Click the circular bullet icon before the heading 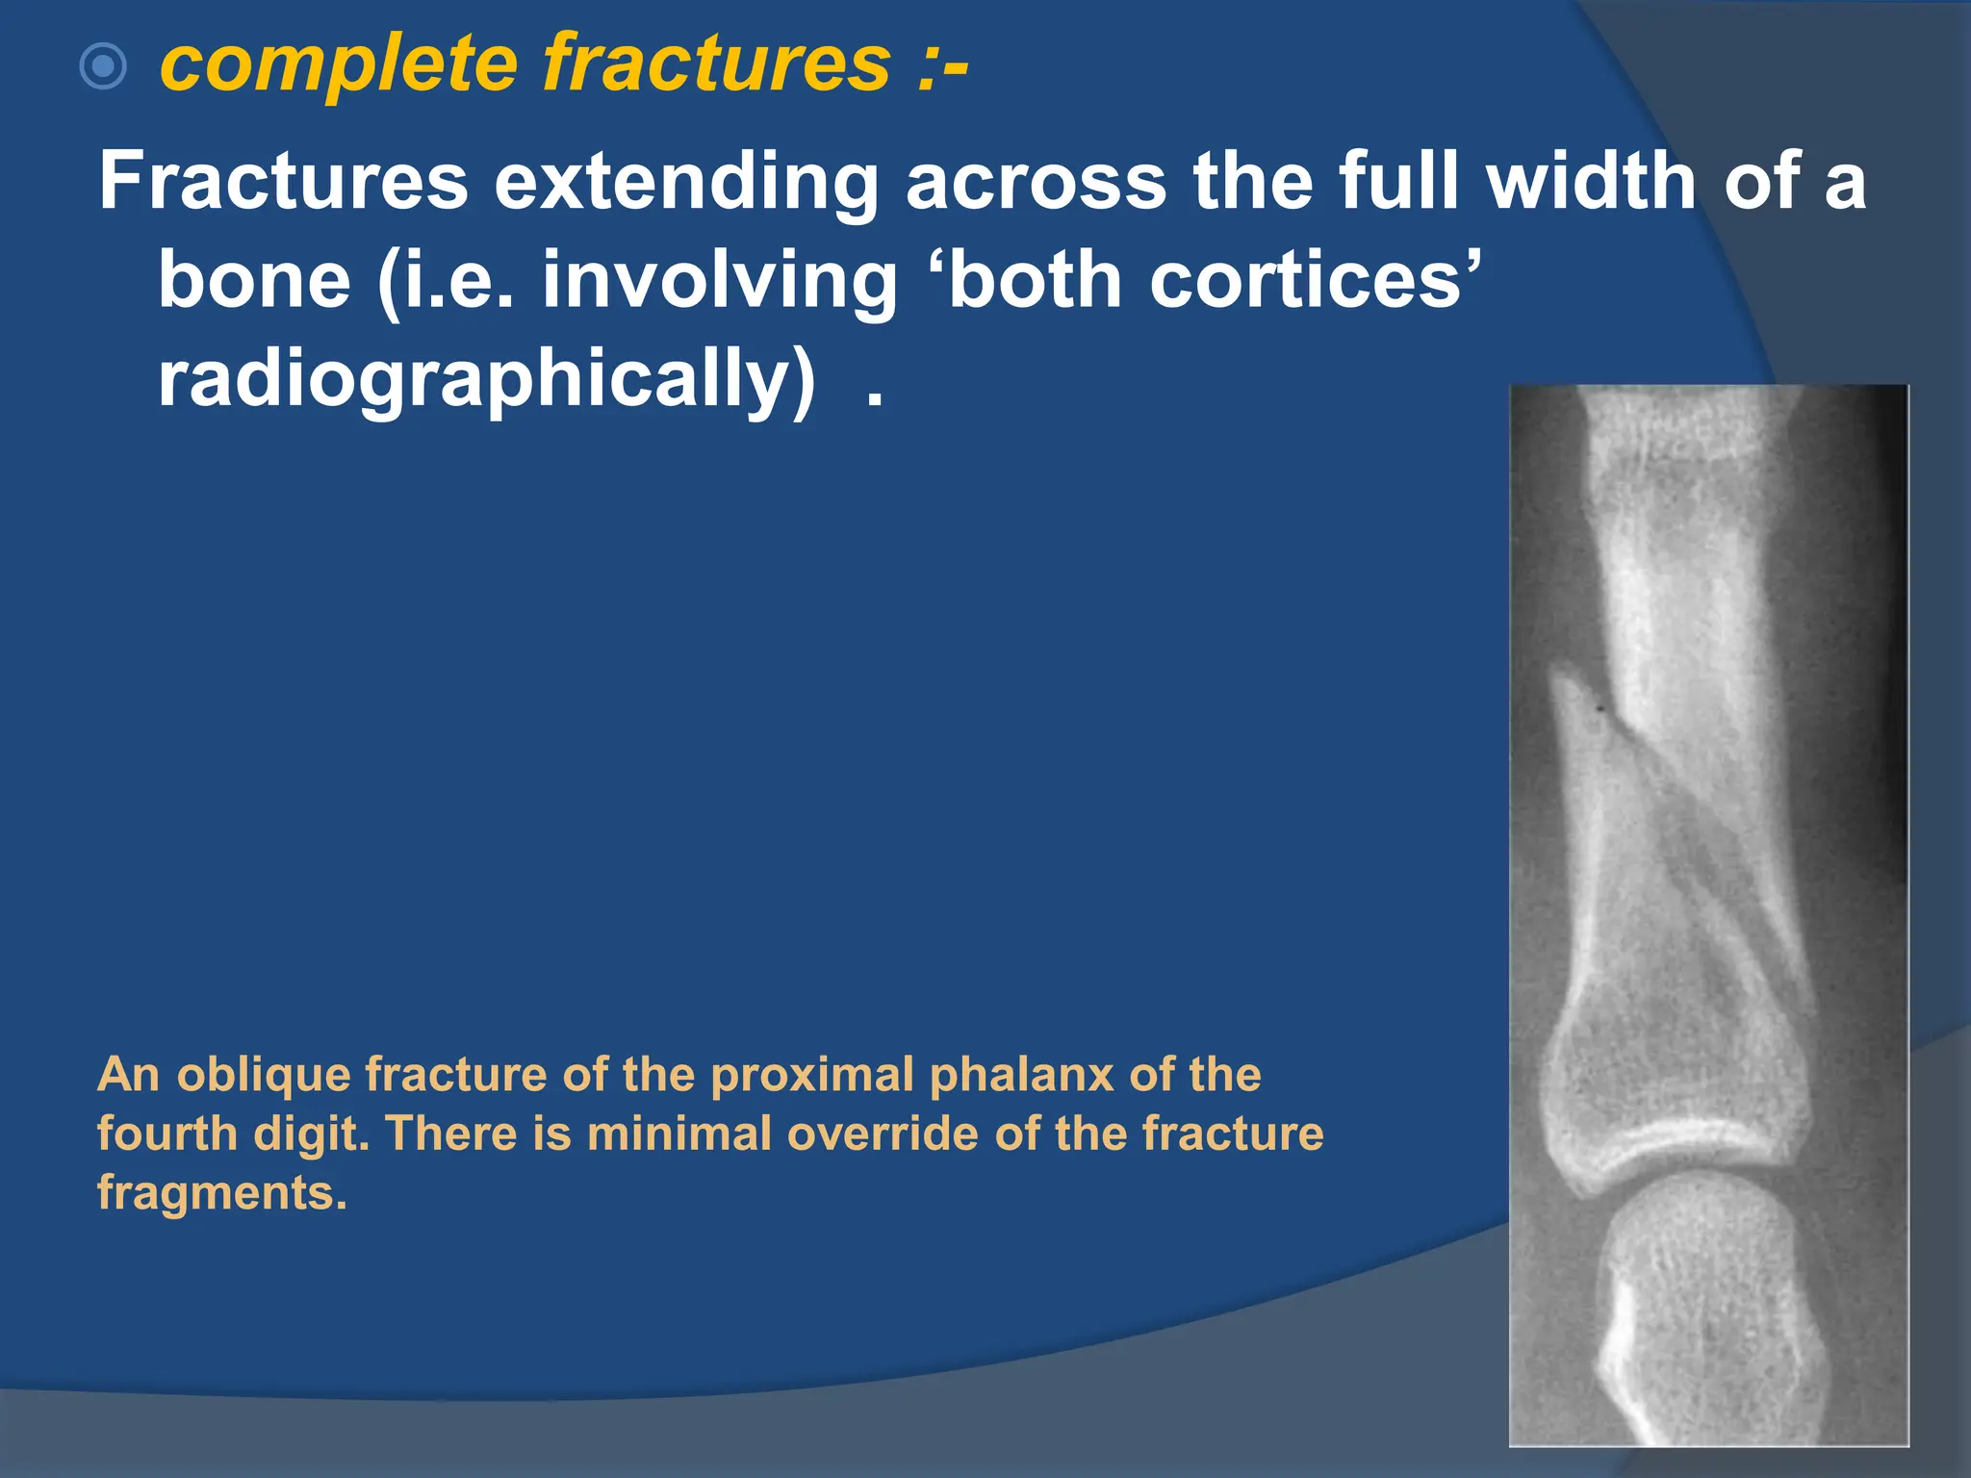pyautogui.click(x=103, y=67)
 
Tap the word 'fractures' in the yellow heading pyautogui.click(x=717, y=64)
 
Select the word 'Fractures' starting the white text pyautogui.click(x=283, y=181)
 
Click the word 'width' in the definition pyautogui.click(x=1592, y=181)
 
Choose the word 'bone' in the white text pyautogui.click(x=254, y=280)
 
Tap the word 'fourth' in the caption pyautogui.click(x=166, y=1134)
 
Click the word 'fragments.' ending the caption pyautogui.click(x=221, y=1193)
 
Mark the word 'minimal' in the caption pyautogui.click(x=678, y=1134)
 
